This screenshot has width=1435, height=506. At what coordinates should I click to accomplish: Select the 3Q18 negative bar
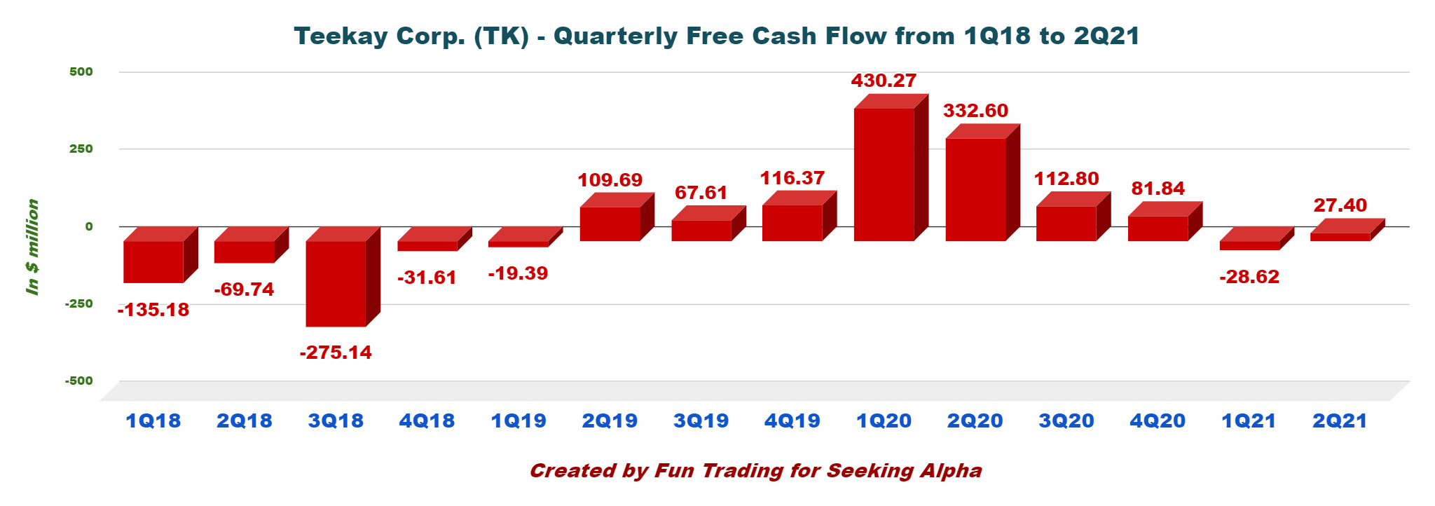click(336, 283)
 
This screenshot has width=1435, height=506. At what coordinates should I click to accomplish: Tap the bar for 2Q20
click(975, 189)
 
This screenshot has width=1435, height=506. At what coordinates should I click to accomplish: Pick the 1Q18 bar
click(153, 261)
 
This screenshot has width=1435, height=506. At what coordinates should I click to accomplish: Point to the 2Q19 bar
click(610, 224)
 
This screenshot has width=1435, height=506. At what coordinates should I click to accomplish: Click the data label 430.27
click(884, 81)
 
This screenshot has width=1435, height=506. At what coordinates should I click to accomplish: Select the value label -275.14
click(336, 352)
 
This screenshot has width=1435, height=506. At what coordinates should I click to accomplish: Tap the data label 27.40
click(1340, 205)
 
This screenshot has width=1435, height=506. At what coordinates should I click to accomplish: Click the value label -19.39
click(518, 273)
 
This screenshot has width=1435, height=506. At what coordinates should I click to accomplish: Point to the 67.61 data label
click(701, 193)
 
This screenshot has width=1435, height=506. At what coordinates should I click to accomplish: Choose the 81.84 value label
click(1158, 189)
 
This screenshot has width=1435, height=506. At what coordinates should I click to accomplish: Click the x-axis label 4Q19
click(792, 421)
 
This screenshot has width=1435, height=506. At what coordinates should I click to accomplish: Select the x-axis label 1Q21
click(1249, 421)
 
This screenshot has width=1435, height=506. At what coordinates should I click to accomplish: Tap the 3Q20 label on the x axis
click(1066, 421)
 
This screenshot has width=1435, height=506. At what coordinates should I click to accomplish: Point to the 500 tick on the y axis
click(81, 71)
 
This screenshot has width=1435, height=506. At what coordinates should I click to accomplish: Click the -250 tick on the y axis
click(79, 303)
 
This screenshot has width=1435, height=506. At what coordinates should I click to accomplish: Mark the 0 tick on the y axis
click(89, 226)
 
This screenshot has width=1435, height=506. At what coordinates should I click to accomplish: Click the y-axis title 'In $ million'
click(32, 247)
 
